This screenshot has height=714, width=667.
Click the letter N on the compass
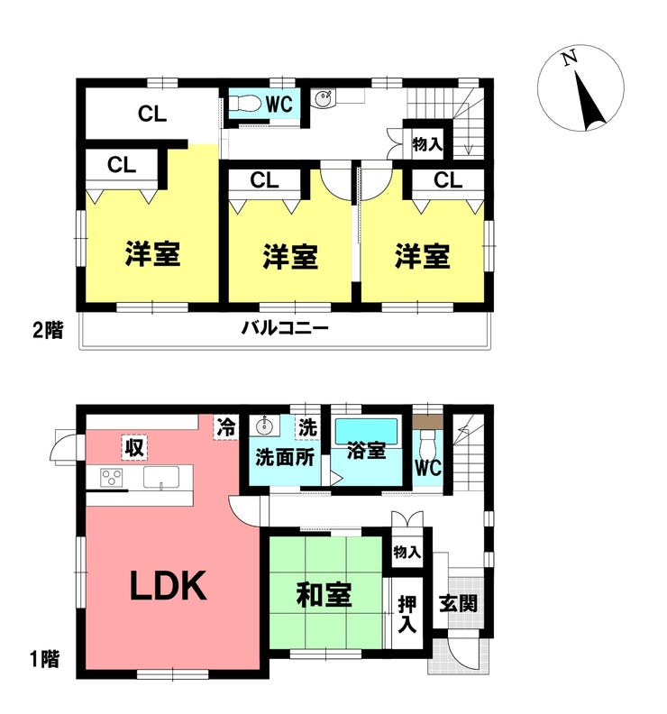(x=569, y=58)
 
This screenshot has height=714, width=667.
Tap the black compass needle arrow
(x=589, y=101)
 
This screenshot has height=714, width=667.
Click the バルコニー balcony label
(x=285, y=328)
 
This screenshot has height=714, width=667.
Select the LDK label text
(x=169, y=586)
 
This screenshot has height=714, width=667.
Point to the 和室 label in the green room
(x=324, y=595)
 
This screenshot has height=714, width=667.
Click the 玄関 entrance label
(x=459, y=603)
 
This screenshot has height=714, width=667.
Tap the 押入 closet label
(x=407, y=614)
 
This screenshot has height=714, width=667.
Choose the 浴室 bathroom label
(x=367, y=451)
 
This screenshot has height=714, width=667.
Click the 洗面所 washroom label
(x=285, y=457)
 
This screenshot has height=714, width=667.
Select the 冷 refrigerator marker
(x=226, y=427)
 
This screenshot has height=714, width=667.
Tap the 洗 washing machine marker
(x=307, y=427)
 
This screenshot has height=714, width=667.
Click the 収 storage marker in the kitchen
(x=135, y=447)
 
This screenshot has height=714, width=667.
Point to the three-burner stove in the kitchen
(x=112, y=478)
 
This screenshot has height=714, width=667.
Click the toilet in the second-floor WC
(x=244, y=104)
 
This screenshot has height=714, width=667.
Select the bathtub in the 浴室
(x=367, y=430)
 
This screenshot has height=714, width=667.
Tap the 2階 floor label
(x=48, y=330)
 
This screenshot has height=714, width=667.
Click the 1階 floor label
(x=45, y=659)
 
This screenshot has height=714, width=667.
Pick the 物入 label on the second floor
(x=427, y=144)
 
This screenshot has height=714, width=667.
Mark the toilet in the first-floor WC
(x=427, y=441)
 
